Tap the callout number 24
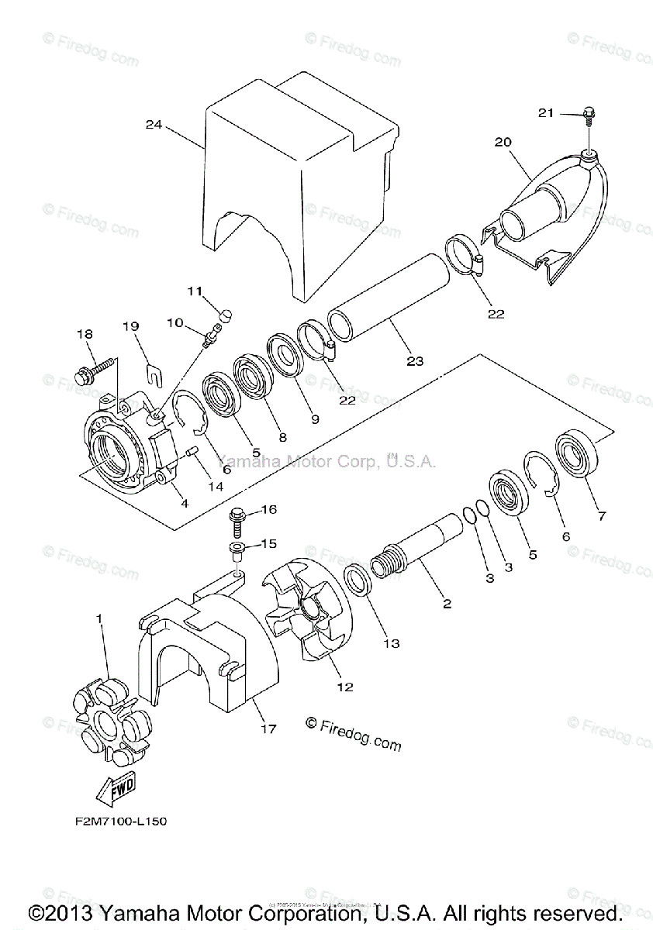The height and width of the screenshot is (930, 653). [154, 124]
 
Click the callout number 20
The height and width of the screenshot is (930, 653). [503, 142]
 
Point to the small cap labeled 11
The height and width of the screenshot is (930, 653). [226, 315]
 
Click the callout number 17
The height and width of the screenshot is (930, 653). [268, 729]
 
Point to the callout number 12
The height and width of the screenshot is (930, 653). [344, 686]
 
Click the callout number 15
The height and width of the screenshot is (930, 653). [268, 544]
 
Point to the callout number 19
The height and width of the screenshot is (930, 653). [130, 326]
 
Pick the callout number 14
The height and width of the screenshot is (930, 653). [215, 487]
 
